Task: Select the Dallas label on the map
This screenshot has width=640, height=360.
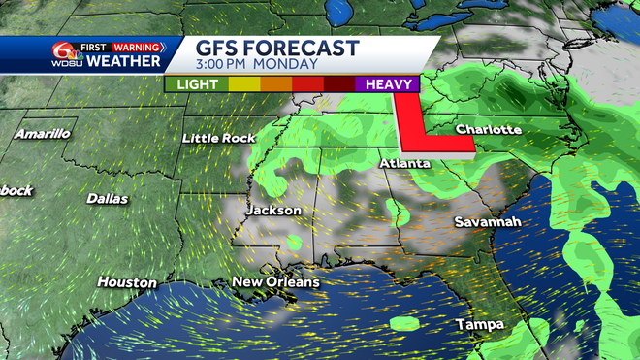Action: tap(107, 198)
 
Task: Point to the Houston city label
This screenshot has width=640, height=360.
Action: tap(127, 282)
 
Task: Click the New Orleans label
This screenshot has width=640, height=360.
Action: tap(274, 282)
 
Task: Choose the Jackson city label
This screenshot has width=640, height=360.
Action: tap(273, 210)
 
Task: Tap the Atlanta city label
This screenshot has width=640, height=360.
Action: tap(404, 163)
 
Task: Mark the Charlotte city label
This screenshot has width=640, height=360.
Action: tap(489, 129)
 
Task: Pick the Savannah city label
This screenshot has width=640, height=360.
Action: tap(488, 222)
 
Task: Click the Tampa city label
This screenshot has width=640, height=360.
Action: tap(479, 323)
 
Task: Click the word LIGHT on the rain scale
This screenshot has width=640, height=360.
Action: tap(197, 84)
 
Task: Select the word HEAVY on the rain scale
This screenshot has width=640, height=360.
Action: tap(387, 84)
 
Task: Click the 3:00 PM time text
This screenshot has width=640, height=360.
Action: tap(224, 64)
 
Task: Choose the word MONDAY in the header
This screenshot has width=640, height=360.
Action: tap(287, 64)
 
